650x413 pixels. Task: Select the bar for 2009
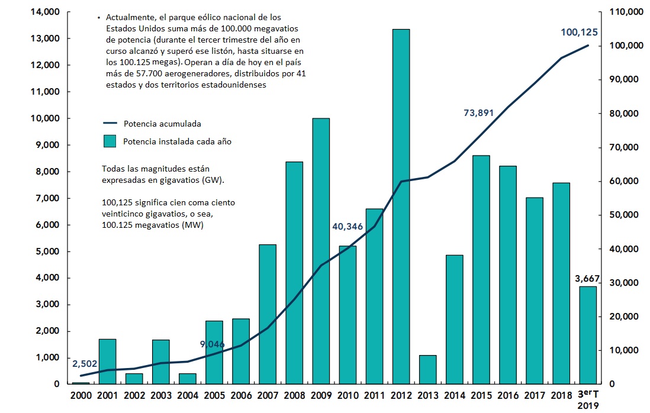321,251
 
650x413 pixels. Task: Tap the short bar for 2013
427,369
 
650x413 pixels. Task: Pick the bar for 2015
481,269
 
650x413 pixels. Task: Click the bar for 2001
107,361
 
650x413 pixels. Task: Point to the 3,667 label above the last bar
588,278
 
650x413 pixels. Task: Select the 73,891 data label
478,113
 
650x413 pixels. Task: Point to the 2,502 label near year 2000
85,363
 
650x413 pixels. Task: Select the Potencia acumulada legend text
162,124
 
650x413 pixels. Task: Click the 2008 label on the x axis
294,395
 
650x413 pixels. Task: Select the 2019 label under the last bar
588,405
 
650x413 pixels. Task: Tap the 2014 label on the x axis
454,395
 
